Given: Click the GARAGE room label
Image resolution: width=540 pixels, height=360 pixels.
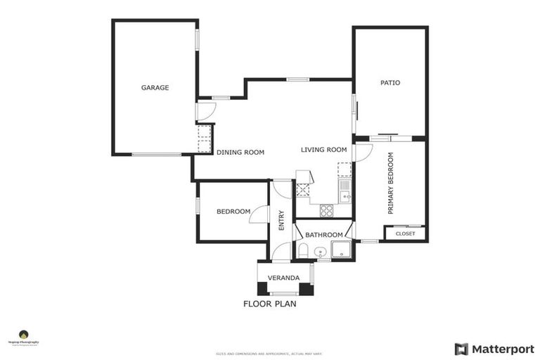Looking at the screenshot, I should click(x=155, y=88).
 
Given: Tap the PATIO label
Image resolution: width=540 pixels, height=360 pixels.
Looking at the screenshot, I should click(x=390, y=83).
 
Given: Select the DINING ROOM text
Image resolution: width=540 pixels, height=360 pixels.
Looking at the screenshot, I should click(x=240, y=153).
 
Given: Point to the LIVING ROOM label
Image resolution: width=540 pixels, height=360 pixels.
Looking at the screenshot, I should click(x=324, y=150).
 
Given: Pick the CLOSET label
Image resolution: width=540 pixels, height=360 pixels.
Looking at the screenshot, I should click(x=405, y=233).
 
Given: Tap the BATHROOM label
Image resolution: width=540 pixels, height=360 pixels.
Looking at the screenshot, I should click(x=323, y=235).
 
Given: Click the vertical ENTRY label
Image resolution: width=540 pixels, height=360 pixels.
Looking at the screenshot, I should click(x=281, y=221).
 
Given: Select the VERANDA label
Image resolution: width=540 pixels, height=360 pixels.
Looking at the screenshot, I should click(x=284, y=278).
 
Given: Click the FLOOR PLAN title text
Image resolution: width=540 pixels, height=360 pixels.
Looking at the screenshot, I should click(x=269, y=304).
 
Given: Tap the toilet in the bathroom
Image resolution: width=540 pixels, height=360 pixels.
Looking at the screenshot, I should click(x=303, y=251).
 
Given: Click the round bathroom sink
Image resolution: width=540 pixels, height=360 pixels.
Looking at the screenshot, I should click(x=320, y=252).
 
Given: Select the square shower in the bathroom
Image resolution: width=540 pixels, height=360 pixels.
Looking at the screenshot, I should click(x=341, y=250).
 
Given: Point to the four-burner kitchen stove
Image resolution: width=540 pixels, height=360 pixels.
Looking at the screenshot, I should click(x=327, y=209).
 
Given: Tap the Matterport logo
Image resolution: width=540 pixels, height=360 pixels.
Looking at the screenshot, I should click(x=494, y=349).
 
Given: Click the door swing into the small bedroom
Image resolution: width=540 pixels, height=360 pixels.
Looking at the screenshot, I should click(x=259, y=214).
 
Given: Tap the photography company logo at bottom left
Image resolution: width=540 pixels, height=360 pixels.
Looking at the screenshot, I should click(x=24, y=338).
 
